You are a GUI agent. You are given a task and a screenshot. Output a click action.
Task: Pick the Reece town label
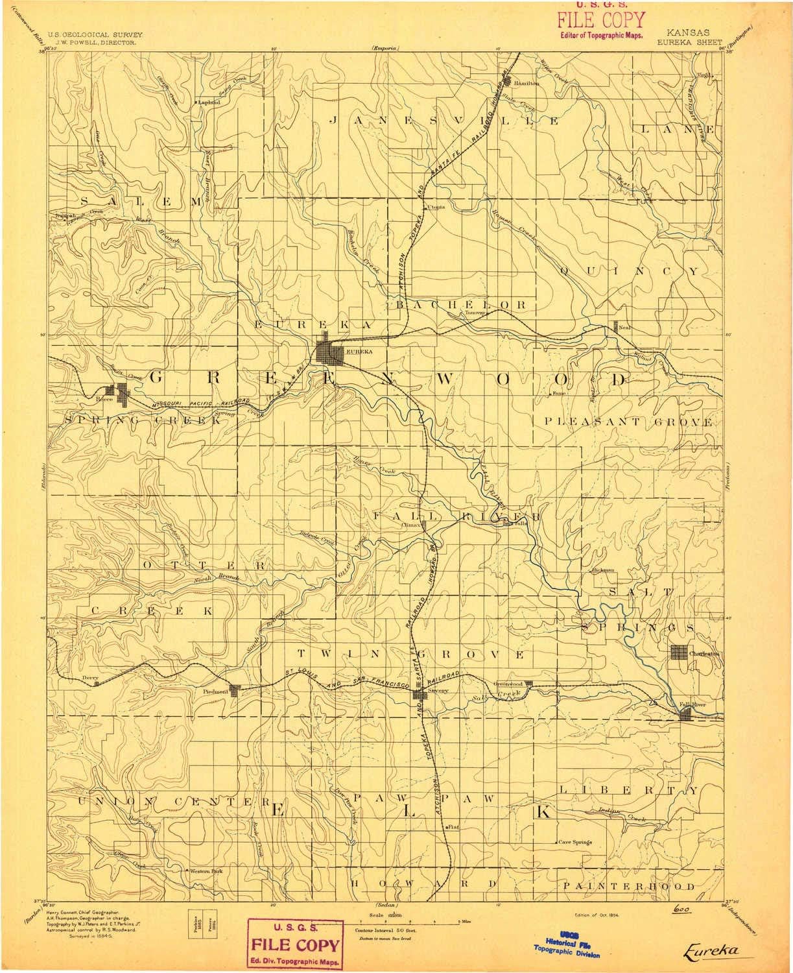click(105, 399)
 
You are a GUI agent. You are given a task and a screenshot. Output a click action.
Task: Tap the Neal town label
click(625, 328)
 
